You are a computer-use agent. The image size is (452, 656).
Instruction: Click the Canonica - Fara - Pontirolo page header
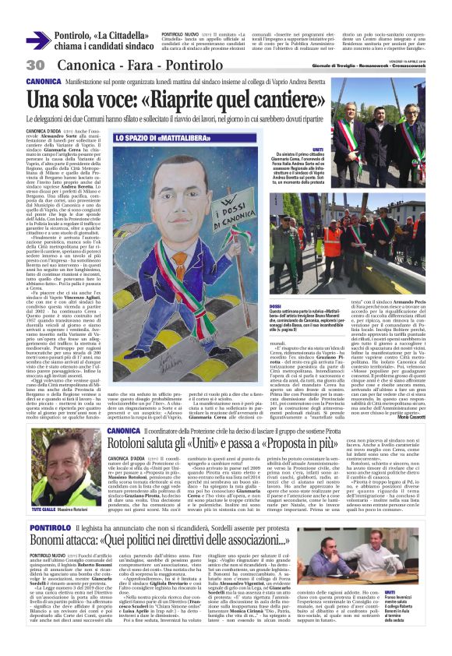point(117,65)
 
